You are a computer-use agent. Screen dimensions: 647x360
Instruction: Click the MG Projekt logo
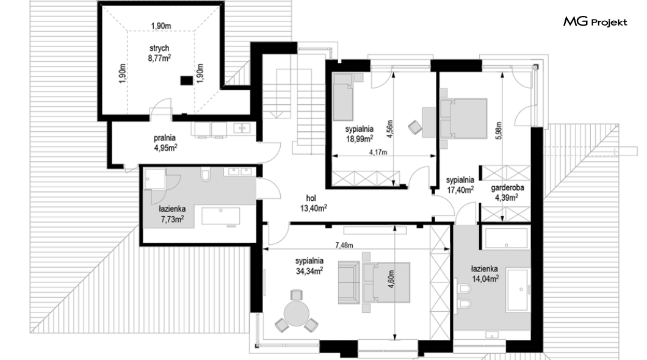(595, 22)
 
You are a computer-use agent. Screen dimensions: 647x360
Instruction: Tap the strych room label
(159, 49)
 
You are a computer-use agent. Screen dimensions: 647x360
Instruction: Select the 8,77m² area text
(159, 58)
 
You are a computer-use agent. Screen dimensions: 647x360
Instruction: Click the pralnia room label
(165, 138)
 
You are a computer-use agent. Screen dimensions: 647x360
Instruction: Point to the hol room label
(311, 199)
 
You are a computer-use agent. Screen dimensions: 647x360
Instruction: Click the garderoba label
(508, 188)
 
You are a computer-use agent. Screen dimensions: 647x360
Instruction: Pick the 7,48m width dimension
(344, 245)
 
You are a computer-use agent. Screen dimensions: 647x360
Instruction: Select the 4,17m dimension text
(378, 152)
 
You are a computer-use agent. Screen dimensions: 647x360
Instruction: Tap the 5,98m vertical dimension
(499, 131)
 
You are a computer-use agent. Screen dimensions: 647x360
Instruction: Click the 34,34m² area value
(309, 271)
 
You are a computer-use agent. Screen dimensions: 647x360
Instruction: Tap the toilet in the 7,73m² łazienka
(205, 175)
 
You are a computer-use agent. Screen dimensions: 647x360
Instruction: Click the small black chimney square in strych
(187, 81)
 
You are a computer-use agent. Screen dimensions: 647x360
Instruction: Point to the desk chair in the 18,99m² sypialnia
(414, 127)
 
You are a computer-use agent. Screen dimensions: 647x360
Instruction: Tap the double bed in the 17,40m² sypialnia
(464, 118)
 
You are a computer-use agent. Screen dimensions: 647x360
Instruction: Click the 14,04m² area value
(485, 279)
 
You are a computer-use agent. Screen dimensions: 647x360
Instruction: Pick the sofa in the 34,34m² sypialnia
(349, 283)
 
